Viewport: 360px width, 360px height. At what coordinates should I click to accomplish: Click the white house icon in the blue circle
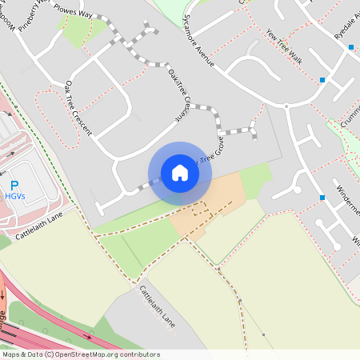coord(180,173)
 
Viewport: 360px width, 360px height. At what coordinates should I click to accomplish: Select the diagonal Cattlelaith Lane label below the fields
coord(157,306)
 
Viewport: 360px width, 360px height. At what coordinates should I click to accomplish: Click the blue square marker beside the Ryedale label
coord(350,47)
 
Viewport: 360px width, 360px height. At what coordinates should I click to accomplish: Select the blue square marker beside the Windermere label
coord(322,197)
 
